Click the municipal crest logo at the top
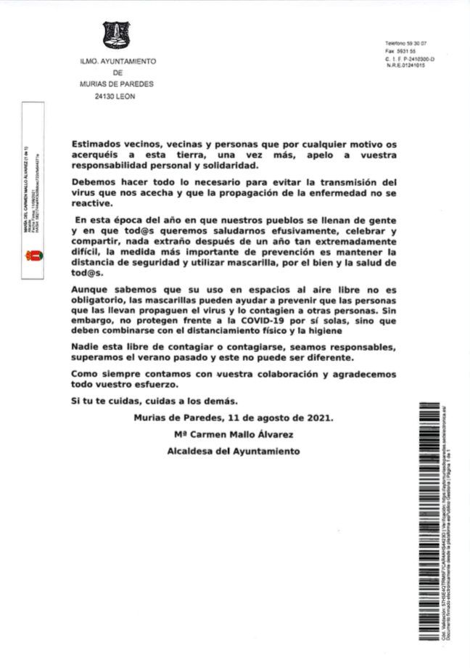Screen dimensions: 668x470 [117, 36]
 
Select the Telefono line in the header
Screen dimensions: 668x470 [405, 44]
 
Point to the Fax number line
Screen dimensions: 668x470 [400, 52]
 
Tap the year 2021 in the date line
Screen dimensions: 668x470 [318, 417]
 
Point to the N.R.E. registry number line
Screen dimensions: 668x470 [405, 65]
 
